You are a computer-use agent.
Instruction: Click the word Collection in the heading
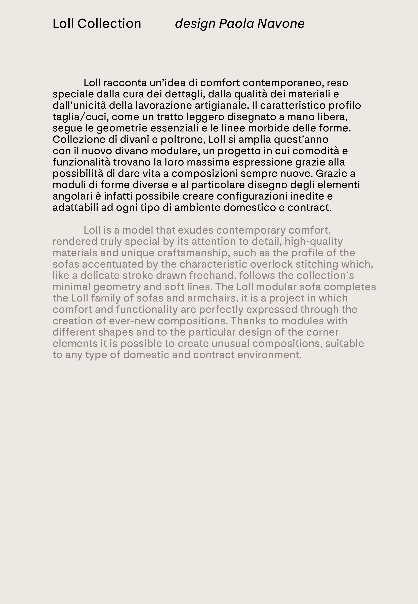(x=109, y=24)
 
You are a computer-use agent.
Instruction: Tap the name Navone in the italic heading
(x=281, y=24)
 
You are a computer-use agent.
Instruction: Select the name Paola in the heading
(x=236, y=24)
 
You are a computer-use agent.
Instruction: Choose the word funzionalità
(x=81, y=162)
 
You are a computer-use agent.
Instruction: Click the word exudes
(x=195, y=230)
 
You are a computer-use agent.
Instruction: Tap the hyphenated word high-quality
(x=314, y=242)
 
